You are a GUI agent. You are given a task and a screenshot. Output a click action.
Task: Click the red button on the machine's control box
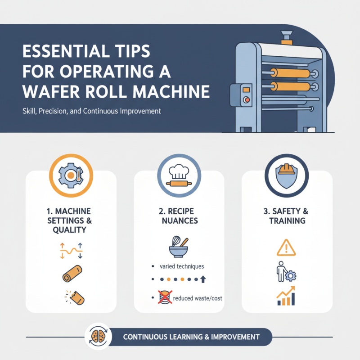coord(246,99)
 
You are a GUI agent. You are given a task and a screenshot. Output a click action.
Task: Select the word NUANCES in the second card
coord(179,221)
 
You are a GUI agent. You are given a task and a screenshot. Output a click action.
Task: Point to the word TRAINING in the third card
coord(287,221)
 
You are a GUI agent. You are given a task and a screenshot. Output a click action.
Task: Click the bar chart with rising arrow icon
coord(286,296)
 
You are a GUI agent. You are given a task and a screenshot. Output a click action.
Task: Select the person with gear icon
coord(285,271)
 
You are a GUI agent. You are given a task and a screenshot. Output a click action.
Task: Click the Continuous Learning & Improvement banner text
coord(191,337)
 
